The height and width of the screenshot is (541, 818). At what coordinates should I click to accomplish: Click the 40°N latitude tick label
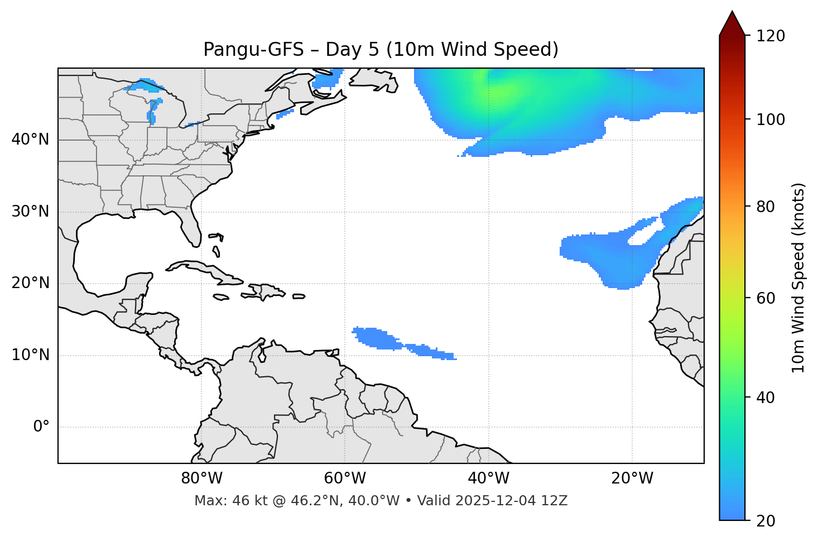30,140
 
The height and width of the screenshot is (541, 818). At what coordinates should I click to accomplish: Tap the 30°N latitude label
30,212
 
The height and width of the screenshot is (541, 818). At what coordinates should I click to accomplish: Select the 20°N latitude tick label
30,283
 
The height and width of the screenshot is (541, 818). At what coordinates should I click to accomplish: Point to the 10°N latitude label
30,355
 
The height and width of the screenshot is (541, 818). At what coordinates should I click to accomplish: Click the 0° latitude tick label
41,427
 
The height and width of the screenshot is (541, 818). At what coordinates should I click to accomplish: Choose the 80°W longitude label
201,478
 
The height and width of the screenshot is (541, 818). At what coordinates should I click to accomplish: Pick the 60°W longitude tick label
345,478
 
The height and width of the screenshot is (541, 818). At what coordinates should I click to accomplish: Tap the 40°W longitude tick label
488,478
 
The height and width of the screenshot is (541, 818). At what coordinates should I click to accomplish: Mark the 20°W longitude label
632,478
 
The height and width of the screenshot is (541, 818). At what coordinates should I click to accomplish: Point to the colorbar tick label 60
766,298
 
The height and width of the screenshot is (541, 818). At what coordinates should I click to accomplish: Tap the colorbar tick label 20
766,521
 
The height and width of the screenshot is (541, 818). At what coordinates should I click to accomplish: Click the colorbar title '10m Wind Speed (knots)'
798,278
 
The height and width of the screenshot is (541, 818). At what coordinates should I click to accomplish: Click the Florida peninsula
191,226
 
